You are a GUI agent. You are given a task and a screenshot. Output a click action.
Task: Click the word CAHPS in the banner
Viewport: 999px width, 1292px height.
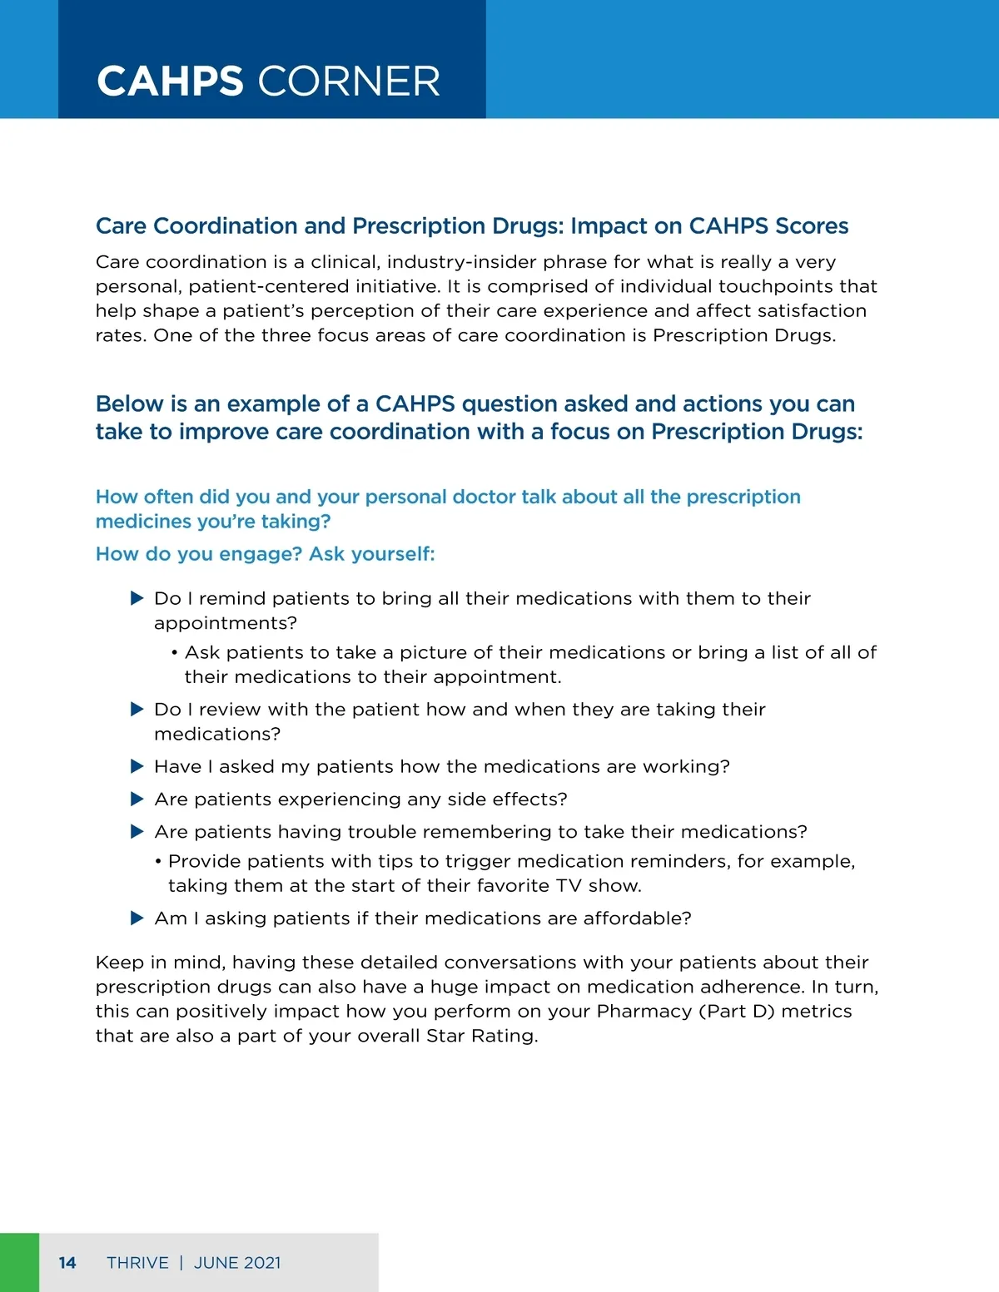(x=170, y=82)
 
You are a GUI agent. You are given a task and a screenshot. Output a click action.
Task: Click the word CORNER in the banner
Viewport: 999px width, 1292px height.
(x=349, y=82)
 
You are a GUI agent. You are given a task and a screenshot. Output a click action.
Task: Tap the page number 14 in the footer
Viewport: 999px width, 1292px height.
(x=67, y=1263)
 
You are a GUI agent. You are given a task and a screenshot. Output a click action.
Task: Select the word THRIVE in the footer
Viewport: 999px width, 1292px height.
(x=137, y=1263)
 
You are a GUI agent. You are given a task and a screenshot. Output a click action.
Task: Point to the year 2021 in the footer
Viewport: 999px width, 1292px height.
(x=262, y=1263)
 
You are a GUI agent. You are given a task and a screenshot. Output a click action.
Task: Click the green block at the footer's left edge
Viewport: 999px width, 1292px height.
(x=19, y=1263)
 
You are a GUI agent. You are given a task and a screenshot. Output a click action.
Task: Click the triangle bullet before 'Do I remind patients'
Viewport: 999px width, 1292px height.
(x=137, y=598)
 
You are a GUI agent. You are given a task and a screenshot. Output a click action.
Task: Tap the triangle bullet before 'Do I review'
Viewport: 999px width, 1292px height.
(x=137, y=709)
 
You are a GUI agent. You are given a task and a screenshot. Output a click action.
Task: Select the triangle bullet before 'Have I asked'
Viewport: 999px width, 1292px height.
(x=137, y=766)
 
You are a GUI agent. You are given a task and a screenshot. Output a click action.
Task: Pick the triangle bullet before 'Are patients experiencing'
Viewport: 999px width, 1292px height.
(x=137, y=799)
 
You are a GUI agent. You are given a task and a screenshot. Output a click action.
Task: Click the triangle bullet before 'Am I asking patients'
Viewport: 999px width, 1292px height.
(x=137, y=918)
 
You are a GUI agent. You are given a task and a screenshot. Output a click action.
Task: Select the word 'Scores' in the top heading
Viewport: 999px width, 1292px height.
(x=812, y=226)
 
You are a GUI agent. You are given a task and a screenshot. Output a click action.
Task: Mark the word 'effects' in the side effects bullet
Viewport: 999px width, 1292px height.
(x=526, y=799)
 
